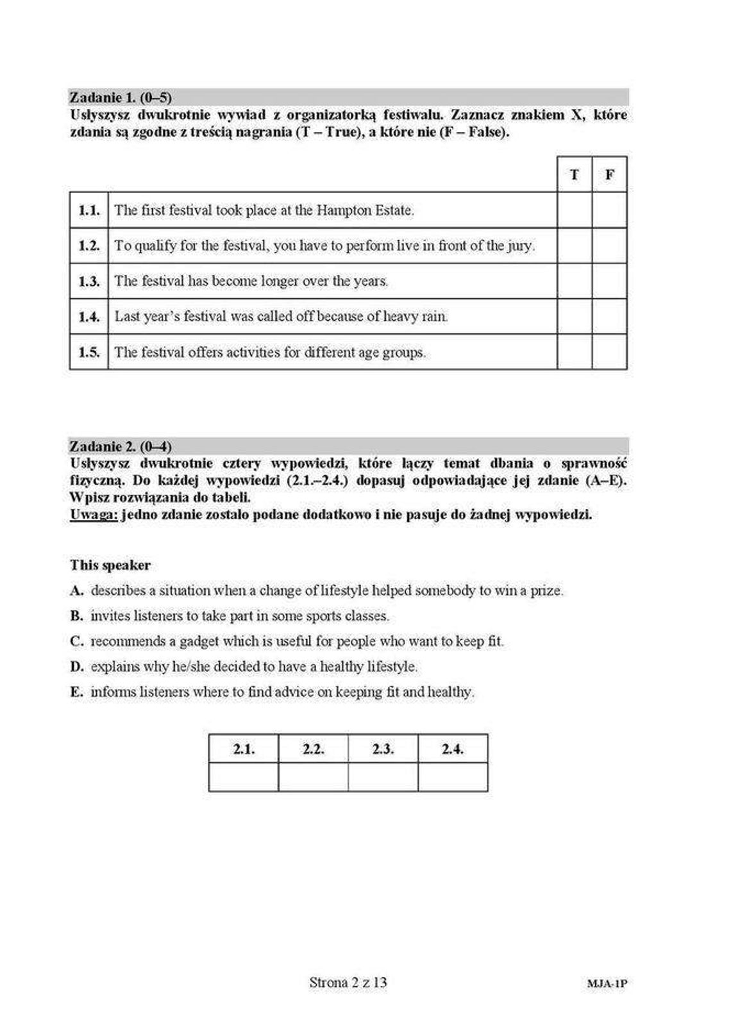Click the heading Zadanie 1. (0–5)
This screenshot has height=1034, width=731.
[x=121, y=97]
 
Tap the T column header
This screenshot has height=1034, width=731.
[x=574, y=174]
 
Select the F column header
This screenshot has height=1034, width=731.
[x=609, y=174]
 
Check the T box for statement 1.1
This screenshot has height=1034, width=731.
[x=574, y=210]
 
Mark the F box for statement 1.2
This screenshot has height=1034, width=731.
[x=609, y=246]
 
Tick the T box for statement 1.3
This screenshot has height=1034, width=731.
[x=574, y=281]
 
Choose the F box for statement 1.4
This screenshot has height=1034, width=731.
[x=609, y=316]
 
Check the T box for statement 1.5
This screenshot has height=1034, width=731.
[x=574, y=352]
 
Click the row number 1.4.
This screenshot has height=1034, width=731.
[x=89, y=316]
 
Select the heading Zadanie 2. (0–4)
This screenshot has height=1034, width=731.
[x=121, y=446]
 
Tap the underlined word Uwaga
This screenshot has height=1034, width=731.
[x=94, y=514]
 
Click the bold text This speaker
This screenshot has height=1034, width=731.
[x=110, y=565]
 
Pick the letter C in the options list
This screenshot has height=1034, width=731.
[x=76, y=641]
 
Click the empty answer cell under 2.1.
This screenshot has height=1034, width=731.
[x=244, y=777]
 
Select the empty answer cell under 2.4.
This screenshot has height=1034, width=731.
[x=453, y=777]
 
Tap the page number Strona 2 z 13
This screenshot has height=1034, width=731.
[x=348, y=982]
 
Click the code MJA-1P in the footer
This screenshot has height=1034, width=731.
[x=607, y=983]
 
